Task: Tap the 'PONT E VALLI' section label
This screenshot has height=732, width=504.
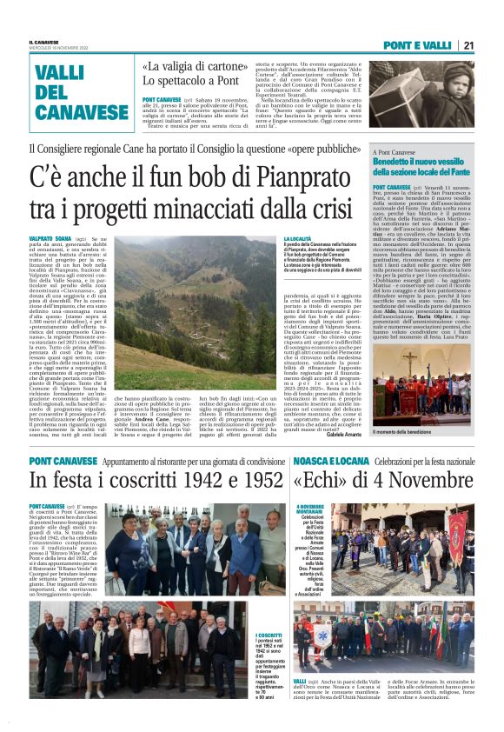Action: [421, 45]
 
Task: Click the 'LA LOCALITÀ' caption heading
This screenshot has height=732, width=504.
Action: [298, 237]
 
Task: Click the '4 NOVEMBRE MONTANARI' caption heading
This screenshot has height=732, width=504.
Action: [309, 509]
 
